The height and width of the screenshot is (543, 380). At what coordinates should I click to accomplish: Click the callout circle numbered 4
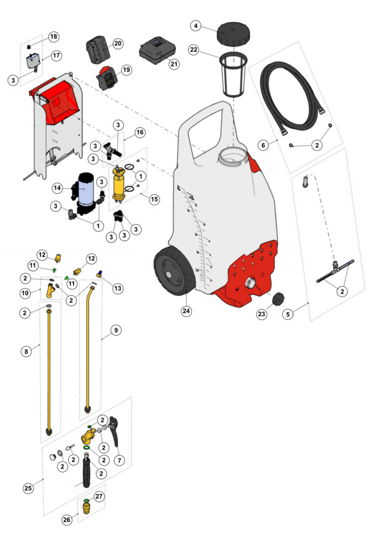click(196, 26)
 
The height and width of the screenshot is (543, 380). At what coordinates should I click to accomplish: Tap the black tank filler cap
click(234, 33)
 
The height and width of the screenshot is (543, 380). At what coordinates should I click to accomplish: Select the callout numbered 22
click(194, 50)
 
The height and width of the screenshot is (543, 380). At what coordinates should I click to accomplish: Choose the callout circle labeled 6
click(264, 145)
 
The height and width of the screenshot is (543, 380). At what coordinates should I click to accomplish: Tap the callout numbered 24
click(186, 311)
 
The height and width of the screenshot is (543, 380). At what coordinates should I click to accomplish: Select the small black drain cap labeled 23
click(279, 299)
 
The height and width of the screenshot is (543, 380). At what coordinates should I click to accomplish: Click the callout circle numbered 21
click(174, 64)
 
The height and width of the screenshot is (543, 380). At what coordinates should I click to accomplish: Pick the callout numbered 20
click(118, 44)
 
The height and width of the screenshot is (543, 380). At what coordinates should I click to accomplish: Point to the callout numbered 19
click(127, 70)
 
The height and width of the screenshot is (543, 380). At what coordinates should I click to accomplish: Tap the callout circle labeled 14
click(58, 188)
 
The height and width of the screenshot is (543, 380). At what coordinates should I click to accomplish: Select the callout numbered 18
click(54, 37)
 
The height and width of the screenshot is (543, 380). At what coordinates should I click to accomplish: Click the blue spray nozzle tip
click(99, 274)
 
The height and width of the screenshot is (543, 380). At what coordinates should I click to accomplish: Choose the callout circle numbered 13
click(118, 288)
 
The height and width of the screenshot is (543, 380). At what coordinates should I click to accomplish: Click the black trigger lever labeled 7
click(114, 431)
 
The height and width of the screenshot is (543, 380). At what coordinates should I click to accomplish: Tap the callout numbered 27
click(99, 496)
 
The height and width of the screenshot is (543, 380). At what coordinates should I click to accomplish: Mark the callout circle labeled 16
click(140, 132)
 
